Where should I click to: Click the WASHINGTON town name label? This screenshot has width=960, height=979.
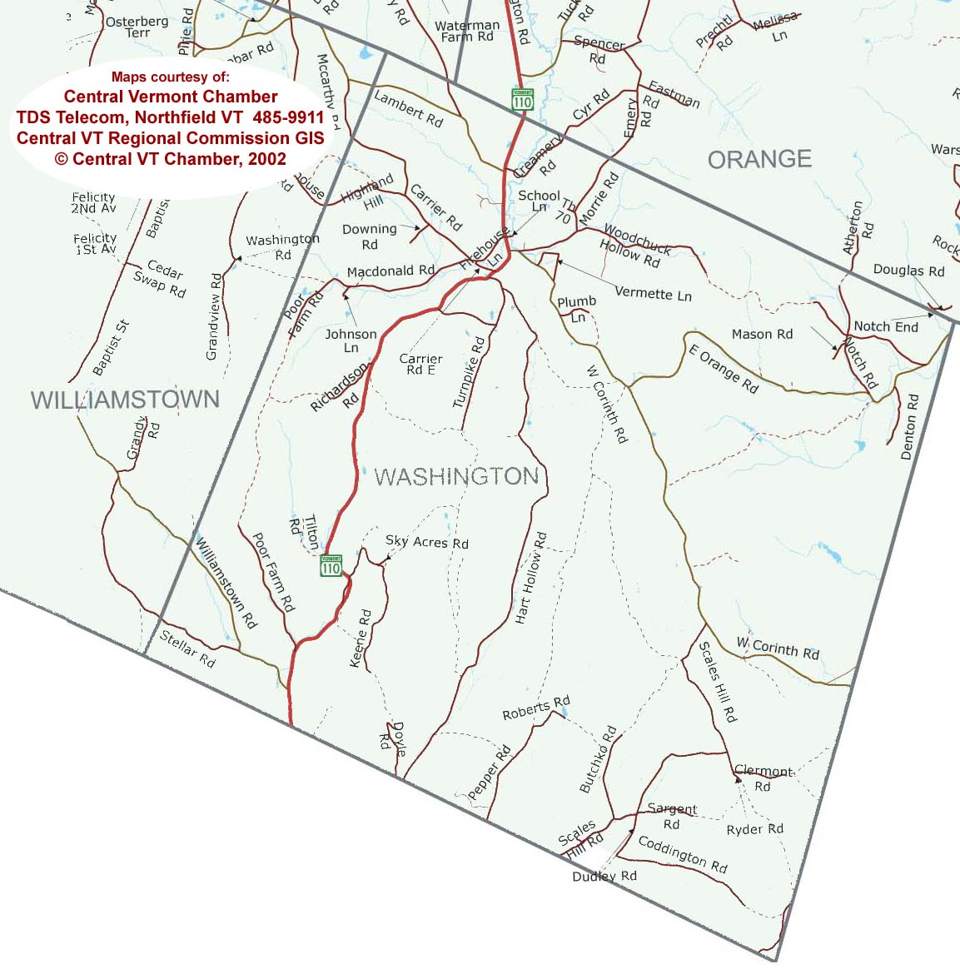[x=457, y=476]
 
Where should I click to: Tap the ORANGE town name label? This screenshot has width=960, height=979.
[x=759, y=159]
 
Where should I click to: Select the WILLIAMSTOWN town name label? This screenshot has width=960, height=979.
[x=125, y=400]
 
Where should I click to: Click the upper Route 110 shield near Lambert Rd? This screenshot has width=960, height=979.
[x=522, y=99]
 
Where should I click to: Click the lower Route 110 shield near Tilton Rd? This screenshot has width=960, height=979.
[x=331, y=566]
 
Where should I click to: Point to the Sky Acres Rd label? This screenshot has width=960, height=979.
[x=426, y=542]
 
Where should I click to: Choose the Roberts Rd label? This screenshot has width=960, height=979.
[x=536, y=708]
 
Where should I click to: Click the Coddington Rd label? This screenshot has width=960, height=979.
[x=683, y=854]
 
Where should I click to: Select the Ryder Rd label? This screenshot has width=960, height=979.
[x=754, y=829]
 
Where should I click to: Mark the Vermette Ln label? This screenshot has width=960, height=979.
[x=653, y=294]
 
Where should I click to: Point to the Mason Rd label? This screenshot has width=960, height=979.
[x=762, y=334]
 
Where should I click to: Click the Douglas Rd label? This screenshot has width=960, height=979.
[x=908, y=271]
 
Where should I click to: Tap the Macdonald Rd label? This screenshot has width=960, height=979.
[x=390, y=271]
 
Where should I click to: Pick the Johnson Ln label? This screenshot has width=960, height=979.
[x=351, y=340]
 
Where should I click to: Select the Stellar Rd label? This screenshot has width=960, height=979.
[x=187, y=649]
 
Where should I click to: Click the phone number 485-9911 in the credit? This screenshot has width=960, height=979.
[x=288, y=117]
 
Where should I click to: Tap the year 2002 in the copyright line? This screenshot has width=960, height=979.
[x=266, y=159]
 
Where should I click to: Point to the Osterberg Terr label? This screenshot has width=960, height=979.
[x=137, y=27]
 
